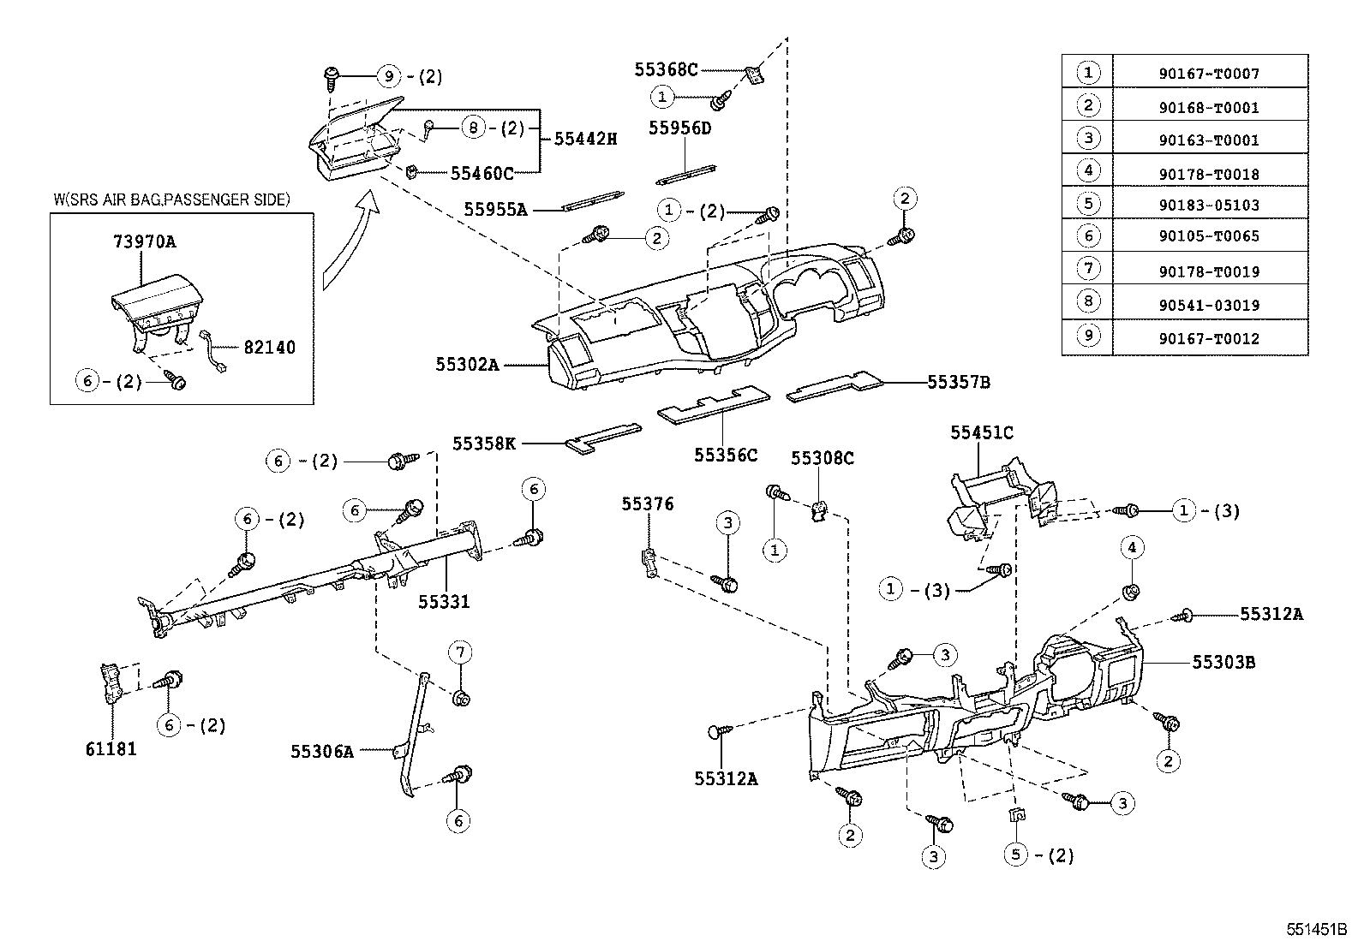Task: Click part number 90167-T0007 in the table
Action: click(1209, 74)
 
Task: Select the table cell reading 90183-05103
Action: click(1209, 205)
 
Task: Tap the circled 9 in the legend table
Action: click(1087, 336)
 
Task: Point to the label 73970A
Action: click(144, 241)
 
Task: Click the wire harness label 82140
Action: click(269, 348)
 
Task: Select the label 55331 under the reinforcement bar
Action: click(444, 601)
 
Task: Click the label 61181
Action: click(111, 748)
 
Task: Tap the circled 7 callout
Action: click(460, 653)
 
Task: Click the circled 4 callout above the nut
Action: click(1131, 548)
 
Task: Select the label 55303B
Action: click(1223, 662)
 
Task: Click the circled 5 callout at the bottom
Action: click(1015, 855)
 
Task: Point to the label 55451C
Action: click(981, 433)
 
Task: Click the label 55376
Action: click(648, 504)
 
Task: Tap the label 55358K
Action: click(484, 444)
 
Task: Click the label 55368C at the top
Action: click(666, 69)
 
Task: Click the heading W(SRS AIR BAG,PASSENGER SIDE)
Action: click(171, 200)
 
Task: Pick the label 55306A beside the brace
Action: click(321, 752)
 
